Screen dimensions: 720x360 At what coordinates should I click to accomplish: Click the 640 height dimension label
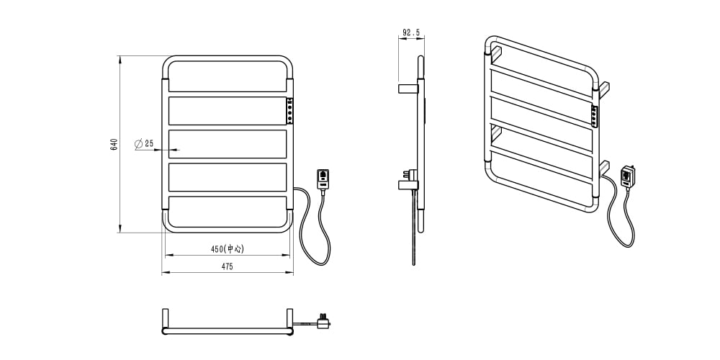point(114,144)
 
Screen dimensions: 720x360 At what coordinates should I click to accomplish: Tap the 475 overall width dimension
point(228,266)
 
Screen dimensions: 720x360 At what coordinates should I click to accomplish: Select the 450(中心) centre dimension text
point(228,249)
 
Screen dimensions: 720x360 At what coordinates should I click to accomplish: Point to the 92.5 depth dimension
point(411,32)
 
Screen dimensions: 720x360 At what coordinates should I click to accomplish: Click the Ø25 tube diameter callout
point(144,144)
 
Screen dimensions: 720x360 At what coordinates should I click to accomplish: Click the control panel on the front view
point(289,111)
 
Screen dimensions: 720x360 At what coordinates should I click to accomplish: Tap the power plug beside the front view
point(323,179)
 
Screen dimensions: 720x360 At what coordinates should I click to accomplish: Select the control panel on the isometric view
point(595,116)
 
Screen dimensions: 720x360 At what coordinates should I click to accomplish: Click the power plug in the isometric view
point(628,176)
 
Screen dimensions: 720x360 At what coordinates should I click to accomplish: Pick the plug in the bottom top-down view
point(324,321)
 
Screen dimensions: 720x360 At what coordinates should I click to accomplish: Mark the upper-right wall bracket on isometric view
point(604,89)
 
